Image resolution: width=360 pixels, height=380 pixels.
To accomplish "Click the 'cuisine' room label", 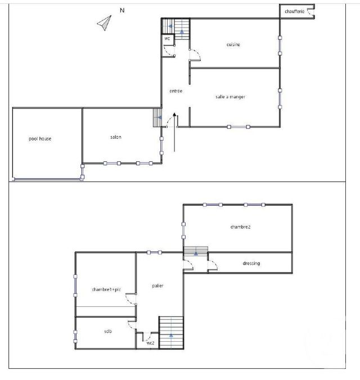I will (x=233, y=44).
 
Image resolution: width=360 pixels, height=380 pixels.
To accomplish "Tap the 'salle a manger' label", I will (x=230, y=97).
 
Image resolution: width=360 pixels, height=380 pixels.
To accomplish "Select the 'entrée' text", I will (x=175, y=91).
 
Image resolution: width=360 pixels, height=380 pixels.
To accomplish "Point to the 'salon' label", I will (x=116, y=137).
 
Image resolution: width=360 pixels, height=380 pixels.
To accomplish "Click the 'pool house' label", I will (x=40, y=138).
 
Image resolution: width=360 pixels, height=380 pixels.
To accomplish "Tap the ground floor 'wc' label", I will (x=167, y=39).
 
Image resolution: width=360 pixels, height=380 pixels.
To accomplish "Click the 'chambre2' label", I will (x=240, y=227).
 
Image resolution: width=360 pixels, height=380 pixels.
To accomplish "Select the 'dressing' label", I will (x=251, y=263).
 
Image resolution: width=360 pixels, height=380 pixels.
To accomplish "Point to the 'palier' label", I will (x=157, y=286).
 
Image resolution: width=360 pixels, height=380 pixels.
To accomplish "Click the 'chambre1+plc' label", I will (x=107, y=289).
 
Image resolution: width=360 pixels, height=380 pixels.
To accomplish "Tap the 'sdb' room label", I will (x=108, y=332).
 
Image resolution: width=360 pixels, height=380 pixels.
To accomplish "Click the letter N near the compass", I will (x=122, y=10).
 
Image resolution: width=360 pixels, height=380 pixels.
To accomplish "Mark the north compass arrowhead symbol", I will (x=105, y=22).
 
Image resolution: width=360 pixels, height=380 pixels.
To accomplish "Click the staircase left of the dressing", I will (x=196, y=252).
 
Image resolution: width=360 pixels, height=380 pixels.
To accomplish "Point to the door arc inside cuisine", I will (x=195, y=55).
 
